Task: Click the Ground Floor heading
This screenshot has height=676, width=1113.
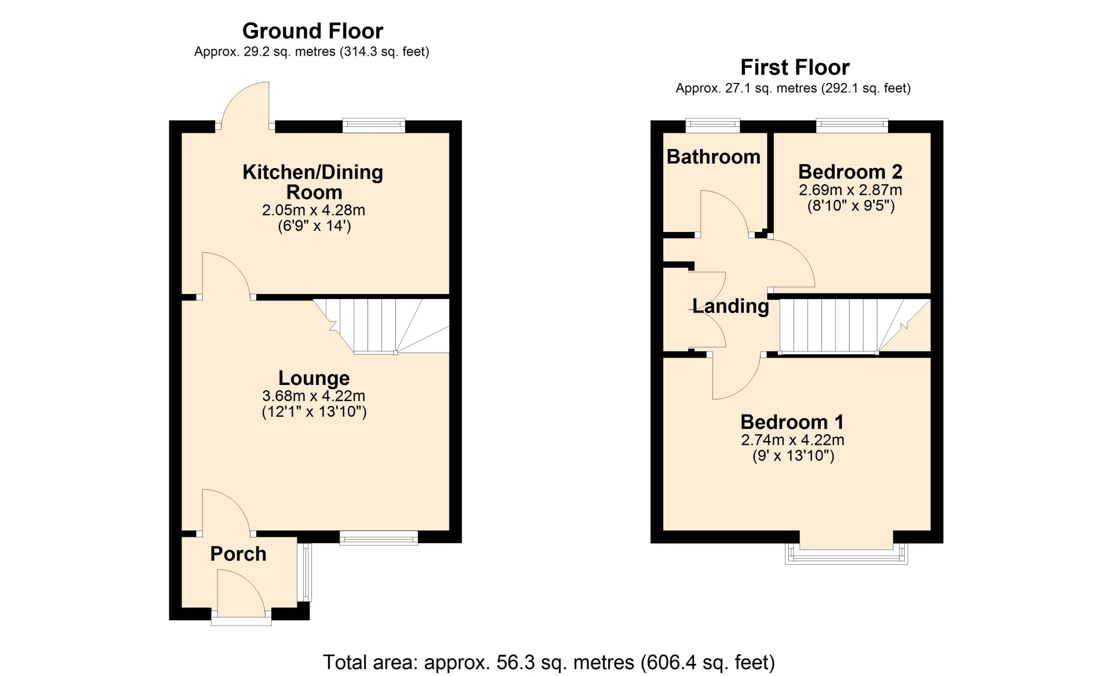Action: point(312,31)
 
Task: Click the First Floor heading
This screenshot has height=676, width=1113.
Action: point(795,67)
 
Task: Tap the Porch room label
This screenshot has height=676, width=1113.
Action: point(238,554)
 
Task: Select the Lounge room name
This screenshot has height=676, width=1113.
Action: point(314,378)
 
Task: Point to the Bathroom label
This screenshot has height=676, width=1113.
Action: point(714,157)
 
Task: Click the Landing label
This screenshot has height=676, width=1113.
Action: point(731,306)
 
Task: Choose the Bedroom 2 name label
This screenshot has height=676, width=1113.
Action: point(850,172)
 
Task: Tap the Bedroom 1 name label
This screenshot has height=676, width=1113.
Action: point(792,421)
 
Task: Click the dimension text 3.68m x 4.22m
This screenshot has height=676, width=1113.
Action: point(314,396)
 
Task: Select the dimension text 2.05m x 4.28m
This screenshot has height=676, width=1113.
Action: point(314,210)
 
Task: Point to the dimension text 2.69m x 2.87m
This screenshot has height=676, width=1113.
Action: point(850,190)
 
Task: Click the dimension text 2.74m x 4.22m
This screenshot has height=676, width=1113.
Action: point(792,439)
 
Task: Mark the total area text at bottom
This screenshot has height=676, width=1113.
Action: point(548,662)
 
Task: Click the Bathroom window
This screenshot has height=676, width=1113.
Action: point(712,125)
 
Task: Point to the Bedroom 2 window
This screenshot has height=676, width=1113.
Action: point(852,125)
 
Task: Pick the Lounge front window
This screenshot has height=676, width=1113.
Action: point(379,537)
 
